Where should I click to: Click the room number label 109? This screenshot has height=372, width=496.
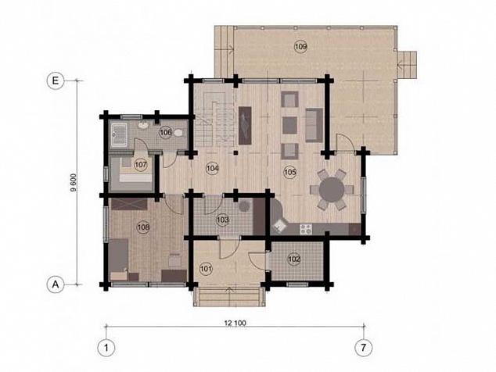click(301, 47)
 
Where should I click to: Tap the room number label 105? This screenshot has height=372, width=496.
click(290, 172)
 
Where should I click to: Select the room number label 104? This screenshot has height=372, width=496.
click(212, 169)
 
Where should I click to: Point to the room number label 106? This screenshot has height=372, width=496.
click(165, 132)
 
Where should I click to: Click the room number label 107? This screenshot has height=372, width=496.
click(141, 165)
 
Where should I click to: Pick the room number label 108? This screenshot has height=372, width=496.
click(144, 227)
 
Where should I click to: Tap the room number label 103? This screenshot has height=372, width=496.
click(223, 220)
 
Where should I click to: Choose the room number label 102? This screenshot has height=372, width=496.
click(294, 259)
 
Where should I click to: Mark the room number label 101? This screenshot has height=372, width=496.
click(206, 269)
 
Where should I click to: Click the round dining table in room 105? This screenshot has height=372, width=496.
click(332, 190)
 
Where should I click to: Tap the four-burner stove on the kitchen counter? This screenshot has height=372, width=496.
click(306, 229)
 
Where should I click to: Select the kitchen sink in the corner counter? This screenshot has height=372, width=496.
click(279, 226)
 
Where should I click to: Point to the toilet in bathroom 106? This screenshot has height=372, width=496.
click(178, 133)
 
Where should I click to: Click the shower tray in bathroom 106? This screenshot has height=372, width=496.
click(119, 135)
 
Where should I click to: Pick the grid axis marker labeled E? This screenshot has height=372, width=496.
click(56, 80)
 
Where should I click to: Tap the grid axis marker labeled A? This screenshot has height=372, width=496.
click(56, 284)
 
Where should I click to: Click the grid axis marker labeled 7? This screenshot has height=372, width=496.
click(364, 348)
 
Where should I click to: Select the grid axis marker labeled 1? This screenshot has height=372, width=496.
click(106, 348)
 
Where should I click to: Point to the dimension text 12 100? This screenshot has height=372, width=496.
click(235, 323)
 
